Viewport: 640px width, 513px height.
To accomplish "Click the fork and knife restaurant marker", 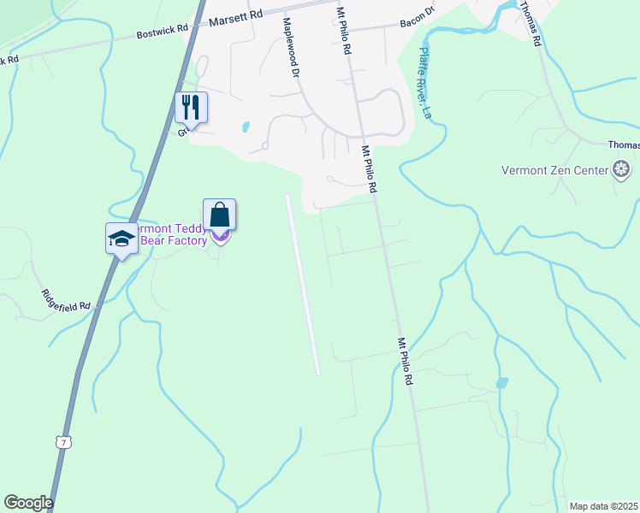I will click(x=192, y=108).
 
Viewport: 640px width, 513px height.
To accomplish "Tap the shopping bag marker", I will click(x=219, y=215).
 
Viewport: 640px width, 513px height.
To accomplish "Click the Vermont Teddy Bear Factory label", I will click(x=171, y=235).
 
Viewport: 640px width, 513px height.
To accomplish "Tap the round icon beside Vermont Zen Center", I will click(x=624, y=169).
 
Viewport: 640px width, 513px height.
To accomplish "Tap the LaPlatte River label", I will click(x=425, y=81).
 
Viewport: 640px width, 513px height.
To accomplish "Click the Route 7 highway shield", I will click(x=62, y=442).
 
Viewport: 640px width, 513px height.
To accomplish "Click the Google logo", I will click(x=28, y=503).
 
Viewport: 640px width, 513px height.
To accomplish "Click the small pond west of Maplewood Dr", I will click(x=246, y=127).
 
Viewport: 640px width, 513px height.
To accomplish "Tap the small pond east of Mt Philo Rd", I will click(x=501, y=383).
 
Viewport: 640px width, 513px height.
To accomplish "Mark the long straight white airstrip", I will click(x=302, y=282).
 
